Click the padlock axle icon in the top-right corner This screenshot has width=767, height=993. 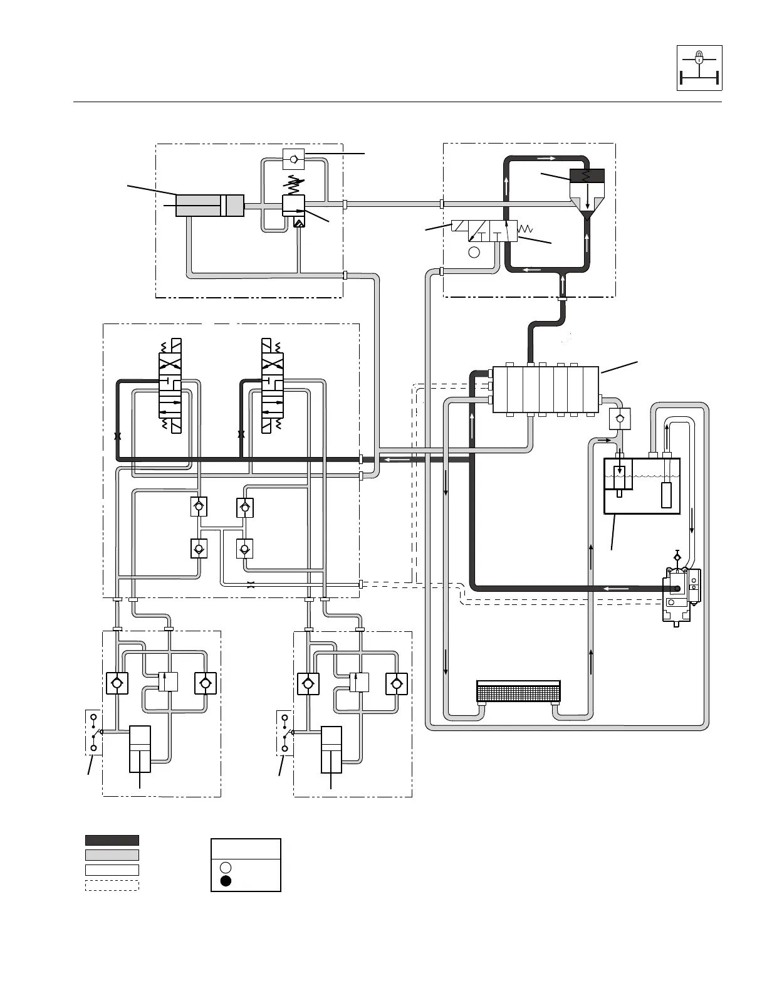tap(699, 68)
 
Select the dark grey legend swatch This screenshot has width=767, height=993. tap(112, 840)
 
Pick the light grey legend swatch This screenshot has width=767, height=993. tap(112, 855)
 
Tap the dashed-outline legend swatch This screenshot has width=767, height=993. tap(112, 885)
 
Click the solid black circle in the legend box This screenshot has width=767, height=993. tap(226, 881)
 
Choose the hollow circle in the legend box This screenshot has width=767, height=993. tap(226, 868)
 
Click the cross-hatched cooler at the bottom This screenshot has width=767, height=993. tap(518, 691)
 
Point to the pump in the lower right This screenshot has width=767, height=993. tap(678, 592)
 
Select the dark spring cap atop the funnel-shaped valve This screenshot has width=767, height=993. tap(587, 175)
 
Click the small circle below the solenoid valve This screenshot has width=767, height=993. tap(474, 252)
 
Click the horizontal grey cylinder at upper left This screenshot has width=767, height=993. tap(209, 206)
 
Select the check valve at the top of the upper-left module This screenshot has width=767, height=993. tap(293, 160)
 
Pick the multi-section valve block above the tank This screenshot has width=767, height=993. tap(546, 389)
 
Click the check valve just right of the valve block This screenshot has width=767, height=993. tap(620, 419)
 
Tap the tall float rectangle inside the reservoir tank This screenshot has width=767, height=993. tap(667, 495)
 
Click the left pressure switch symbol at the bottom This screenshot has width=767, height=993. tap(93, 732)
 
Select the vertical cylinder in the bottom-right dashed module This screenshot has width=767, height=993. tap(331, 749)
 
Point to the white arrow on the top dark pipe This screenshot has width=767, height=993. tap(546, 158)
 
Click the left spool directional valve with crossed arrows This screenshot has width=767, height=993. tap(170, 384)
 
